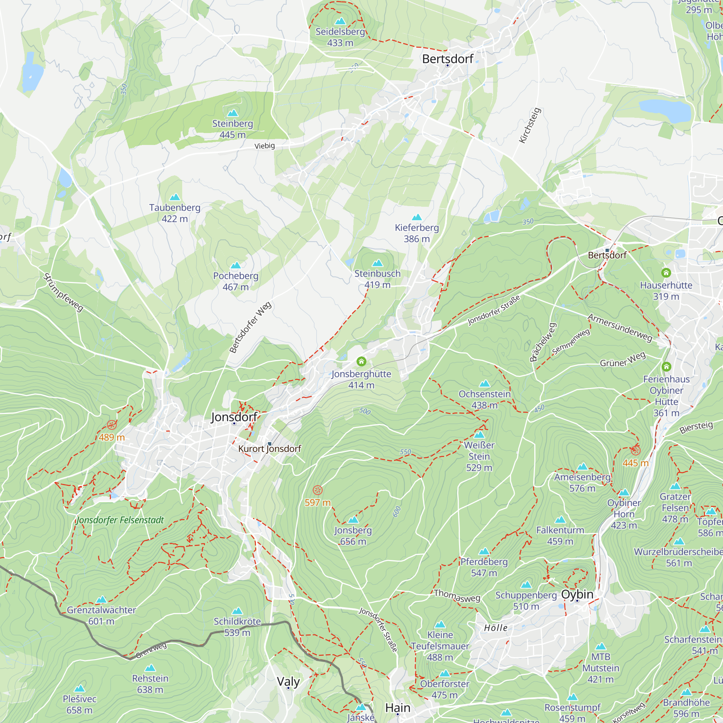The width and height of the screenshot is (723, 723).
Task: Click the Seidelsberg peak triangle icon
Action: point(340,21)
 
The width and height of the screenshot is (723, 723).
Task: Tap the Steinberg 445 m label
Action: point(232,129)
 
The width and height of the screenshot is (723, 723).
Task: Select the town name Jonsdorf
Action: point(234,416)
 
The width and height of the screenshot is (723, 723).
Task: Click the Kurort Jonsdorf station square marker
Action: point(269,444)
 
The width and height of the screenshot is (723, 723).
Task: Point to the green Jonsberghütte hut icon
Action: point(361,361)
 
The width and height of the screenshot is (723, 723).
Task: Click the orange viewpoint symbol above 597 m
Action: point(317,490)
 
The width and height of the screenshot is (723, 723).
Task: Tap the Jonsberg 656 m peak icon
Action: point(353,520)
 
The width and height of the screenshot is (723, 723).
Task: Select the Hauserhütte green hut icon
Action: point(666,273)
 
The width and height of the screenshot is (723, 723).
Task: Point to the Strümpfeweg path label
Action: point(63,292)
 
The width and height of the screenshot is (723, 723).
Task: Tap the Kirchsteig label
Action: point(530,125)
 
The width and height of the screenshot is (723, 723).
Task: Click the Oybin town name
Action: point(577,594)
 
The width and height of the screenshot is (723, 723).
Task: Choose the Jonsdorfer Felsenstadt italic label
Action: point(120,520)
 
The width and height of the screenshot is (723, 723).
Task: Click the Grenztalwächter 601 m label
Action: point(101,616)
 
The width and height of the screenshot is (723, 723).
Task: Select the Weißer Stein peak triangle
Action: point(479,435)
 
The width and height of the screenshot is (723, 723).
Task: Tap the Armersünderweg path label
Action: point(620,328)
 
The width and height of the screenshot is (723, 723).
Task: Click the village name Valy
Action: point(288,681)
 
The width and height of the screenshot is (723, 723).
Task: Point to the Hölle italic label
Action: point(496,628)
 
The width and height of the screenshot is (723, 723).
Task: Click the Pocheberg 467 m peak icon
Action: point(235,266)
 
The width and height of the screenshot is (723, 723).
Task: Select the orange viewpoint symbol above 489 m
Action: point(111,425)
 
